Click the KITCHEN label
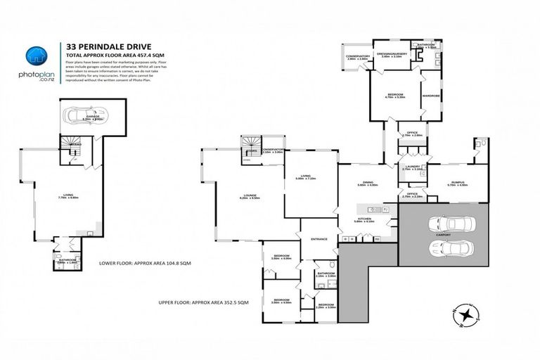365,219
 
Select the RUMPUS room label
458,183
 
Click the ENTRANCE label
319,238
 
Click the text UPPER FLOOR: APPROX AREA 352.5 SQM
204,302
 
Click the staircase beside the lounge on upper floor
250,153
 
